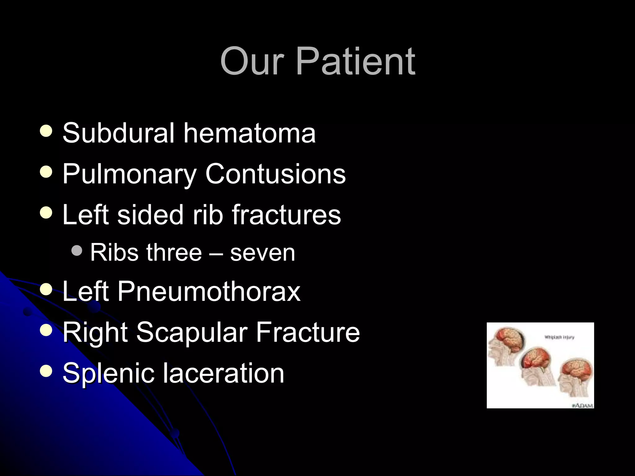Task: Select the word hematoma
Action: tap(250, 133)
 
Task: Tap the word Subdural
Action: tap(118, 133)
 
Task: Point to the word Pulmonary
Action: tap(129, 174)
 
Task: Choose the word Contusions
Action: tap(275, 174)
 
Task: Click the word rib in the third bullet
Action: tap(208, 215)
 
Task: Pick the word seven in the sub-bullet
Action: tap(262, 253)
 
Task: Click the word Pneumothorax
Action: tap(209, 291)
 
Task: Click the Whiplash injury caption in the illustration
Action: tap(559, 337)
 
